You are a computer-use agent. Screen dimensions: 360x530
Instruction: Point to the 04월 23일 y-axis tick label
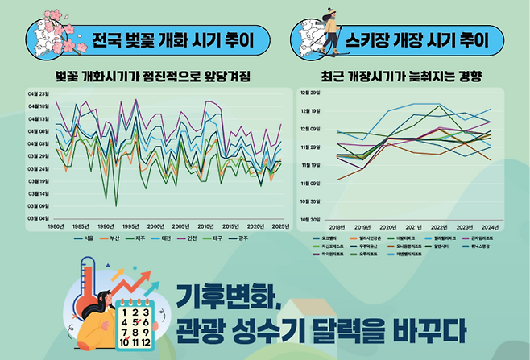click(x=39, y=93)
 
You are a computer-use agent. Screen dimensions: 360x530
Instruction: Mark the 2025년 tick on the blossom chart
click(x=279, y=226)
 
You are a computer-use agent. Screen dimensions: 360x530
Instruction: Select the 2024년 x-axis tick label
click(x=490, y=227)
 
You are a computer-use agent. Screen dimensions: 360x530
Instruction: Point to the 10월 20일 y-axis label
click(x=311, y=218)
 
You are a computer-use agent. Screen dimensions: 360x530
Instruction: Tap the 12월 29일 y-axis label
click(x=311, y=93)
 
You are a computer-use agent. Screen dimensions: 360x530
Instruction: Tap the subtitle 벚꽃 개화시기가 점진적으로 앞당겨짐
click(x=153, y=77)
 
